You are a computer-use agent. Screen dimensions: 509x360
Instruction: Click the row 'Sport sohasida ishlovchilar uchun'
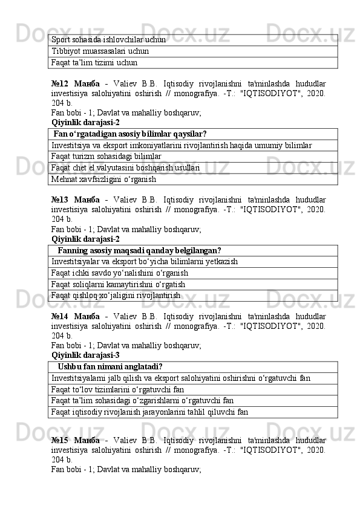pyautogui.click(x=108, y=39)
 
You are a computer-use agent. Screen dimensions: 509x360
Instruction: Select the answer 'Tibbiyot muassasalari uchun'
pyautogui.click(x=100, y=51)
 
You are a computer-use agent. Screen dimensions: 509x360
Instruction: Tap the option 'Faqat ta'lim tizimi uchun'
pyautogui.click(x=94, y=62)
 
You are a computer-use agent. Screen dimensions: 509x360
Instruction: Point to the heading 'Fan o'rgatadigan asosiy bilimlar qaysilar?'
pyautogui.click(x=130, y=134)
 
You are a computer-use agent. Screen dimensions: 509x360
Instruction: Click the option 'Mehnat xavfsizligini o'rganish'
pyautogui.click(x=104, y=179)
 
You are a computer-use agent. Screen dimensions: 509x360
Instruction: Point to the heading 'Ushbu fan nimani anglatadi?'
pyautogui.click(x=110, y=367)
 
